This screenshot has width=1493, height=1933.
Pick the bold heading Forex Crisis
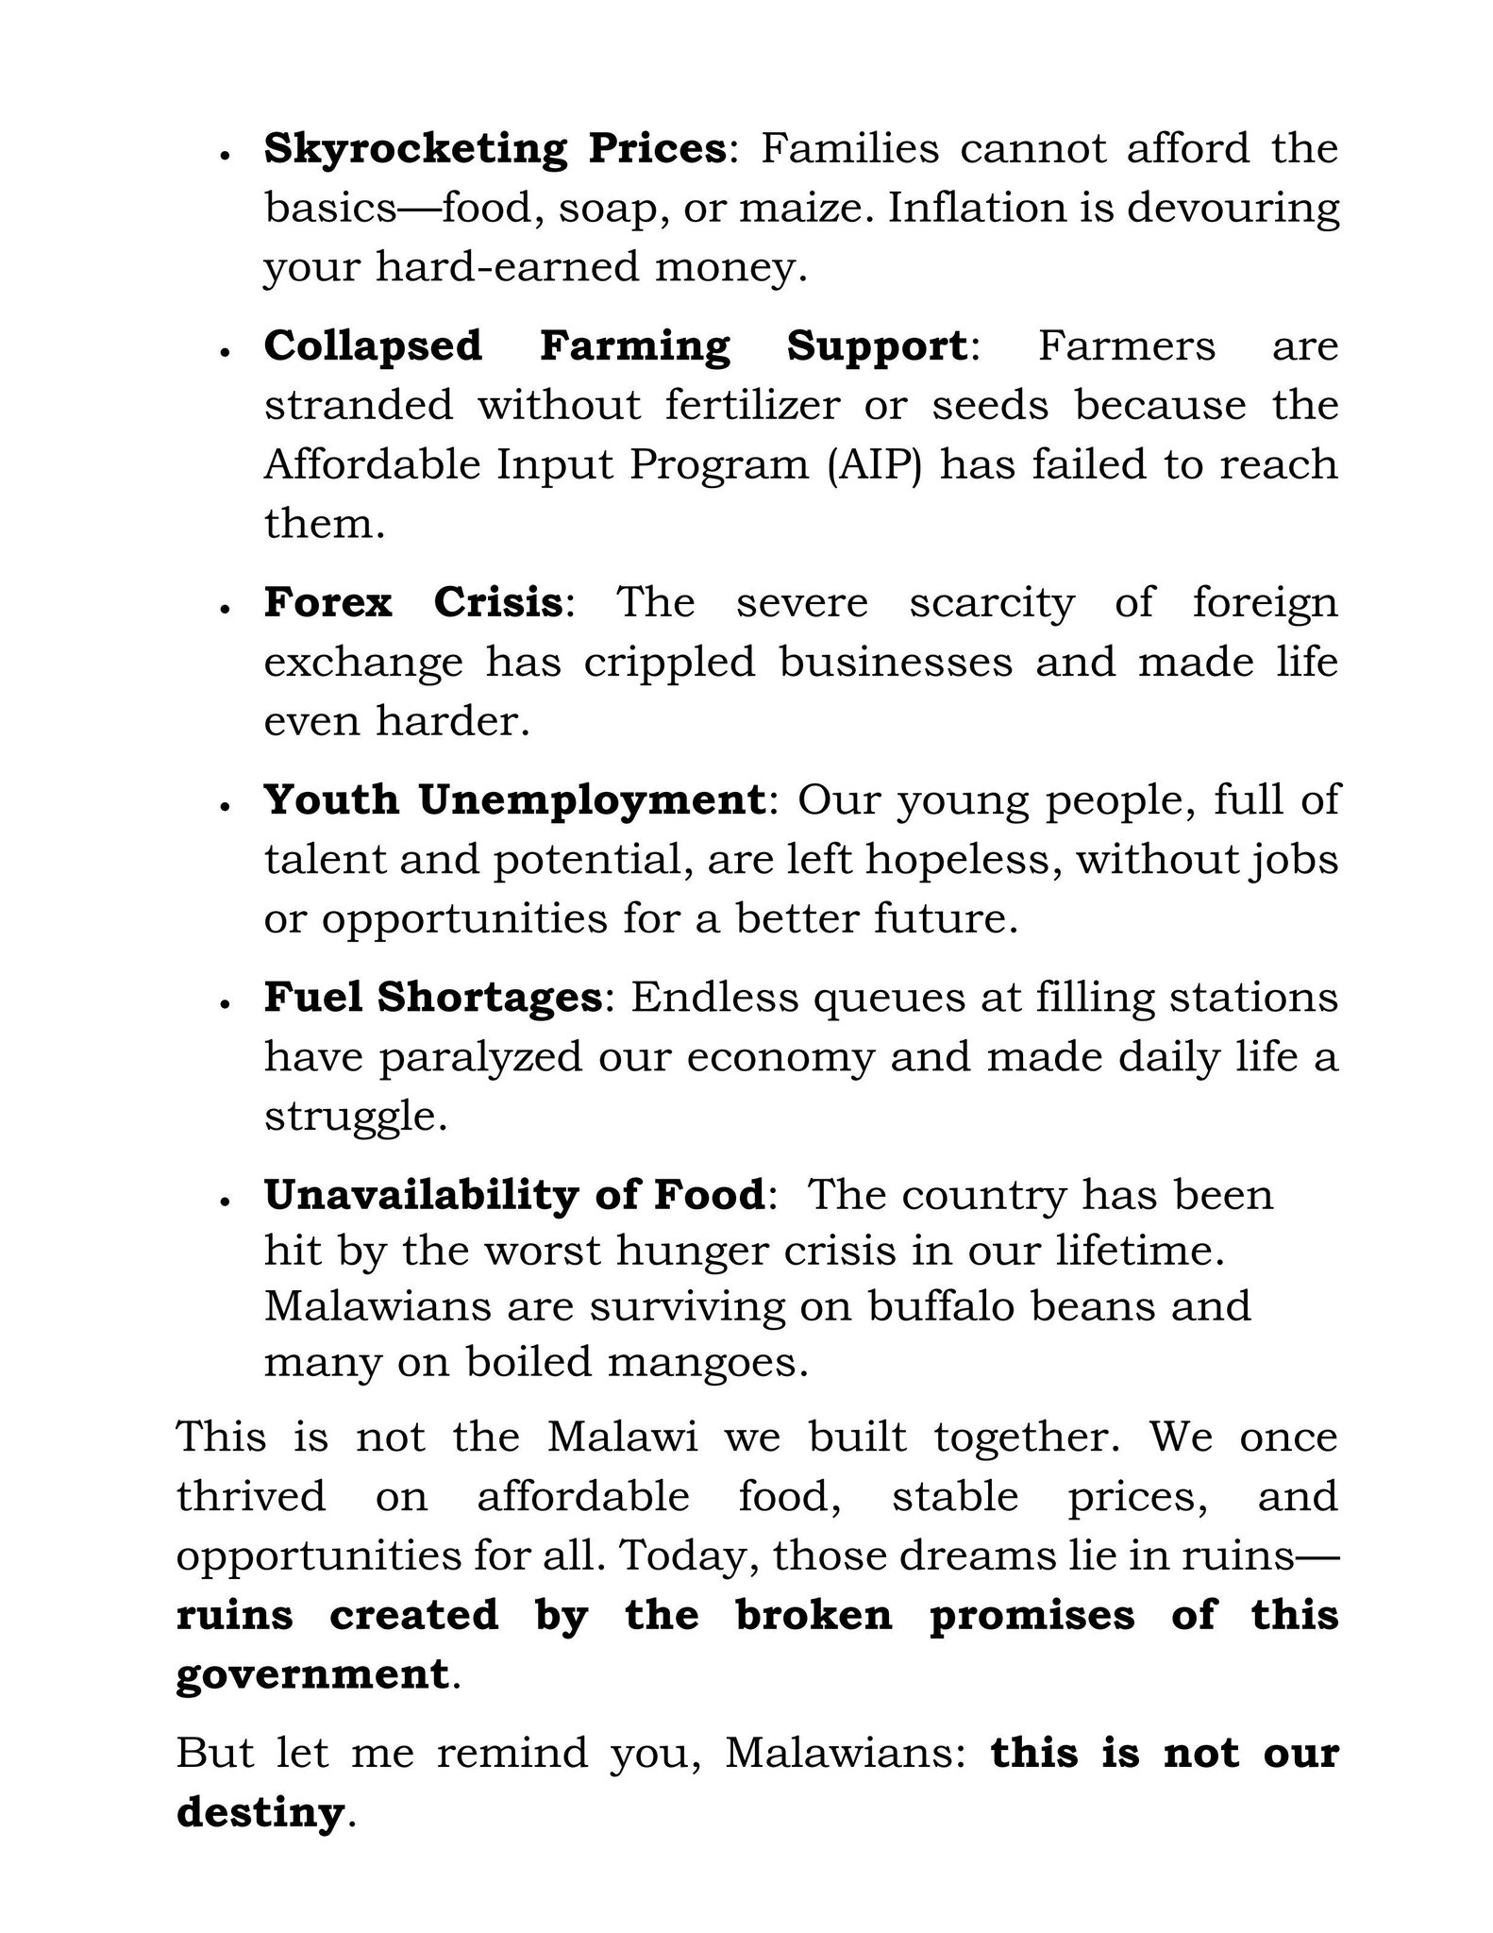(413, 602)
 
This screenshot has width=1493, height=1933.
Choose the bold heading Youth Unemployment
(513, 800)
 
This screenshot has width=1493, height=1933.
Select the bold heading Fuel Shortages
(432, 998)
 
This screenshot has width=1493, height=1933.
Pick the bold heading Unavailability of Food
(513, 1196)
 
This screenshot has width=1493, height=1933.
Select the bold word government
(312, 1675)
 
